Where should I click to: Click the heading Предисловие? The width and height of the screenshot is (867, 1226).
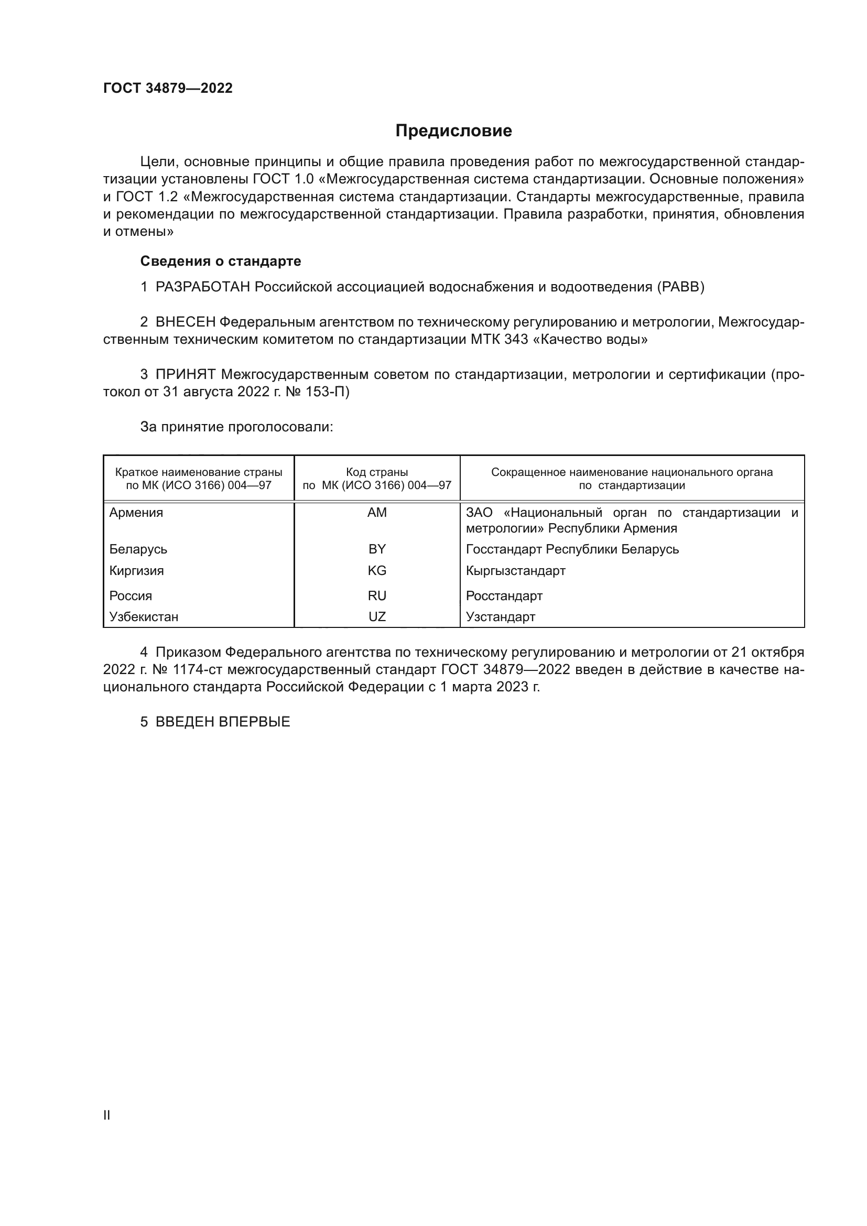click(x=453, y=131)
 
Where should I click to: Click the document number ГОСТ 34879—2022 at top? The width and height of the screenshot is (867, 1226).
click(x=168, y=88)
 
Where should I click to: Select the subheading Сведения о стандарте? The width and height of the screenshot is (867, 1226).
click(x=221, y=261)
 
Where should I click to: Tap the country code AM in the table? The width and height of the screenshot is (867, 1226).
click(x=377, y=513)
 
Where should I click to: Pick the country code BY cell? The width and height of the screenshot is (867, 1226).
click(x=377, y=549)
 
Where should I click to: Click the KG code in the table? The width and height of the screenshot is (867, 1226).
click(x=377, y=570)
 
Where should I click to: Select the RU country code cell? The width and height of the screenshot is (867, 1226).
click(x=377, y=595)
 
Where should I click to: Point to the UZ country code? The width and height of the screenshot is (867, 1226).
click(x=377, y=617)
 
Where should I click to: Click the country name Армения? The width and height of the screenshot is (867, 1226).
click(x=136, y=513)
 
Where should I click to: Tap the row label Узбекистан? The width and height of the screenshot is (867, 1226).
click(x=144, y=617)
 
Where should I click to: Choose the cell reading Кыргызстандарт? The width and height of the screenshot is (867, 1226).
click(x=515, y=570)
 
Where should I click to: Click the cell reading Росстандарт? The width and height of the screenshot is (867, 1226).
click(x=504, y=595)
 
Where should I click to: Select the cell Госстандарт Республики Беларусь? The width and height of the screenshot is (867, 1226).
click(x=572, y=549)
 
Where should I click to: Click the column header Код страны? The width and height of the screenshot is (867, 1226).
click(x=377, y=472)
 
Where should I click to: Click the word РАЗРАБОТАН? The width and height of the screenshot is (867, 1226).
click(x=203, y=287)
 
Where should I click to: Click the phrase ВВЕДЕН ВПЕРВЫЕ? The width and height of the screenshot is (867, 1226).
click(x=223, y=722)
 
